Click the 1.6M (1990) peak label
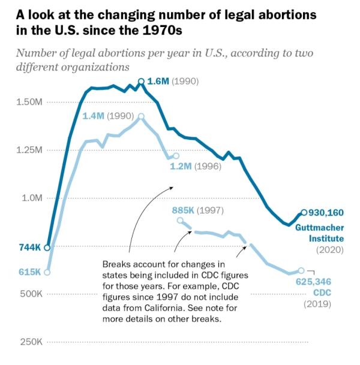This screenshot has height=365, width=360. click(172, 81)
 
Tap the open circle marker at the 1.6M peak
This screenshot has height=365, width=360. click(141, 81)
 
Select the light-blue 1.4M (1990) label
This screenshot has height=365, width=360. click(107, 116)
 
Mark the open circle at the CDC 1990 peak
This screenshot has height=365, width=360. click(141, 116)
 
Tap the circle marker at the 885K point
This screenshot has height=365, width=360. click(181, 220)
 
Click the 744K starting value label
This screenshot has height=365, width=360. click(29, 247)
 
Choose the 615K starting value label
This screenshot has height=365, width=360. click(29, 272)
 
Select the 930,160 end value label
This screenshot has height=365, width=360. click(327, 213)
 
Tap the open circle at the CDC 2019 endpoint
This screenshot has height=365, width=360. click(301, 271)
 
